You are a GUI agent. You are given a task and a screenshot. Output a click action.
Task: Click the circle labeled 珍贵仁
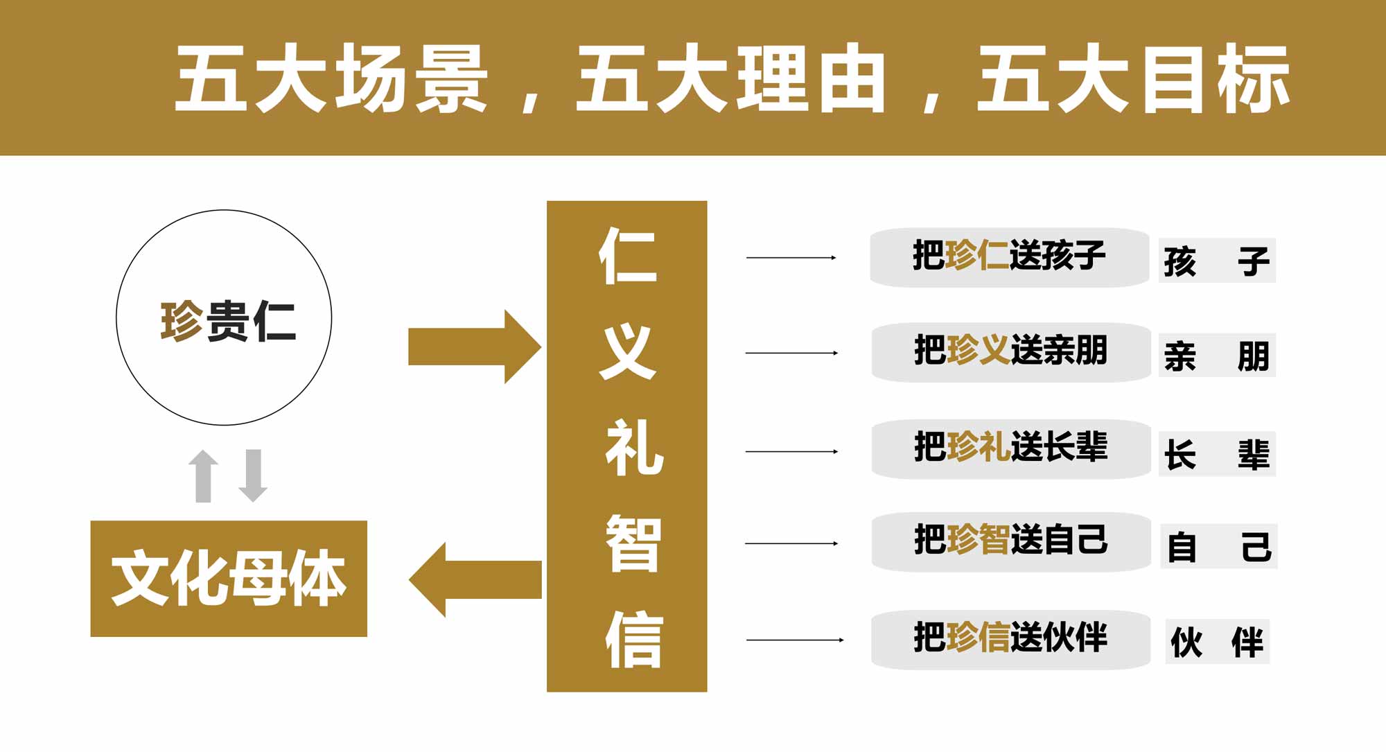[224, 317]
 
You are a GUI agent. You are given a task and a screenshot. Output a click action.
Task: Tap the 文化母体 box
[229, 578]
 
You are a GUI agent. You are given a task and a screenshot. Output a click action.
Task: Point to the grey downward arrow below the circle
[253, 475]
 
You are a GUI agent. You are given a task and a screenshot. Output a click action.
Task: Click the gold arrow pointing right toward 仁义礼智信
[474, 347]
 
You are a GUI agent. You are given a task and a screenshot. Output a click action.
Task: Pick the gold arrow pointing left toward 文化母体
[475, 579]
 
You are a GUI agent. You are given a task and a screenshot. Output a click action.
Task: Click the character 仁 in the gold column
[628, 254]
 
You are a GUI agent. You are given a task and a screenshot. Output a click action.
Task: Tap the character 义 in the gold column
[628, 351]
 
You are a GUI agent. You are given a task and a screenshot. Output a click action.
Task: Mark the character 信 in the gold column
[633, 638]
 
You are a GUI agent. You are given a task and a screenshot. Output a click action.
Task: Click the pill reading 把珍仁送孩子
[1009, 257]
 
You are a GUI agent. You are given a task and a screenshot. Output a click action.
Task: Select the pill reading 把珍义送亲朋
[1010, 352]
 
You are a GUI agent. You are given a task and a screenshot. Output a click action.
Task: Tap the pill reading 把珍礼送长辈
[1010, 448]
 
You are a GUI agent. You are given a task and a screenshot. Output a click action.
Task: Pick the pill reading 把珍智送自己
[1010, 542]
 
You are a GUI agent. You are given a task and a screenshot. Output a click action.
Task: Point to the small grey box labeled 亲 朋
[1217, 356]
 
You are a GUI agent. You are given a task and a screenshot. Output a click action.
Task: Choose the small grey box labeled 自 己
[1218, 546]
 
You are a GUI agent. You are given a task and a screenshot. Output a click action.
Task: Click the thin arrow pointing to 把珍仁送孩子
[791, 258]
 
